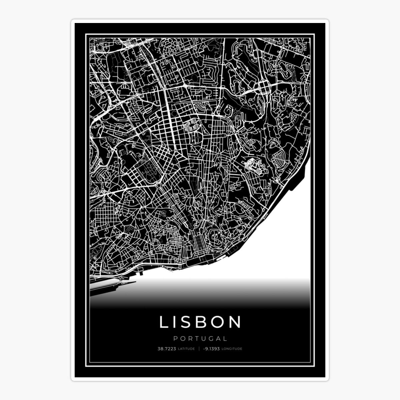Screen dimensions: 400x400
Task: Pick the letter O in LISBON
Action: (217, 322)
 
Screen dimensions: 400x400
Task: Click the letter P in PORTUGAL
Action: (175, 339)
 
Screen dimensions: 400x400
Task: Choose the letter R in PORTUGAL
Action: (190, 339)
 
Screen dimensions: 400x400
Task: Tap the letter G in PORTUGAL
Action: (211, 339)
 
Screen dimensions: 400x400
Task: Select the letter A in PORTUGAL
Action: (218, 339)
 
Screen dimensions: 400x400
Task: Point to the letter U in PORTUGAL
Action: (204, 339)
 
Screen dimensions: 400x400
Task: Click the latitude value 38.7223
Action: (167, 349)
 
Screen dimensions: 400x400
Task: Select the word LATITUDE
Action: (186, 349)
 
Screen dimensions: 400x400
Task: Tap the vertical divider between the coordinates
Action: (199, 349)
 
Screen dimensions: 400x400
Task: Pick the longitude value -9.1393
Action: (211, 349)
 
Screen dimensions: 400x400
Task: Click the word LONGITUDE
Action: (232, 349)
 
